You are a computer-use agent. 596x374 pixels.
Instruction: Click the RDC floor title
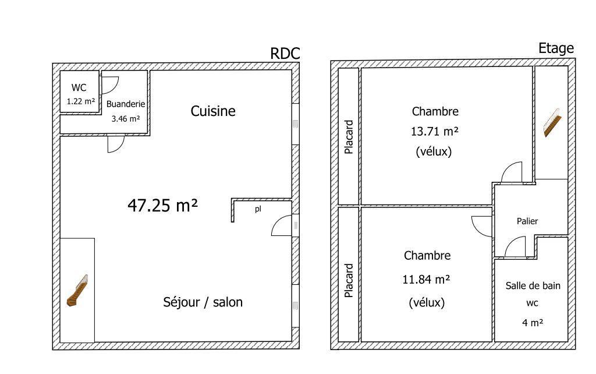click(x=285, y=54)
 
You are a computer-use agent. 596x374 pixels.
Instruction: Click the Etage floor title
click(x=556, y=48)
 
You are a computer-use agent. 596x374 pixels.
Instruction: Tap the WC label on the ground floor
click(x=79, y=87)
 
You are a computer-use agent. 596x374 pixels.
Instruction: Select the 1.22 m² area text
click(x=80, y=101)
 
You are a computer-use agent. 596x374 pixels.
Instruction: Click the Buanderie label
click(x=126, y=104)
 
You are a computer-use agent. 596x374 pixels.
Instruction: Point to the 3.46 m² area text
click(x=126, y=119)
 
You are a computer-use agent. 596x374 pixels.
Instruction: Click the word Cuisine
click(x=213, y=111)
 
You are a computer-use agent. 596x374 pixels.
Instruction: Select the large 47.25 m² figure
click(x=163, y=206)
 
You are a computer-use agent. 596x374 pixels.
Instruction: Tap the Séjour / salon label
click(x=203, y=302)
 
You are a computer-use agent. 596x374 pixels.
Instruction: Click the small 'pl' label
click(x=258, y=209)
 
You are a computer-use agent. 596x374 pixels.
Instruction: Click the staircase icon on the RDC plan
click(x=77, y=290)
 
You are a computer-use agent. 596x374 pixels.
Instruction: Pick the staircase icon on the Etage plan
click(x=552, y=122)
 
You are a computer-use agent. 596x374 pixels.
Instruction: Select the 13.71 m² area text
click(x=434, y=132)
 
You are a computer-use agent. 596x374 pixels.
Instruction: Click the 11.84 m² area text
click(x=426, y=280)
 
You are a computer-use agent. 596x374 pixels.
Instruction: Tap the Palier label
click(x=527, y=221)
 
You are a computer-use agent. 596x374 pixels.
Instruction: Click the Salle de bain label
click(x=533, y=285)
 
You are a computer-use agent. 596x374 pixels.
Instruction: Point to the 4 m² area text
click(x=533, y=323)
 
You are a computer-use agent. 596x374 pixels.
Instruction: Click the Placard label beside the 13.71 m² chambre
click(x=349, y=137)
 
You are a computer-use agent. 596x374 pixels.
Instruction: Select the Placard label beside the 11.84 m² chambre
click(x=349, y=280)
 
